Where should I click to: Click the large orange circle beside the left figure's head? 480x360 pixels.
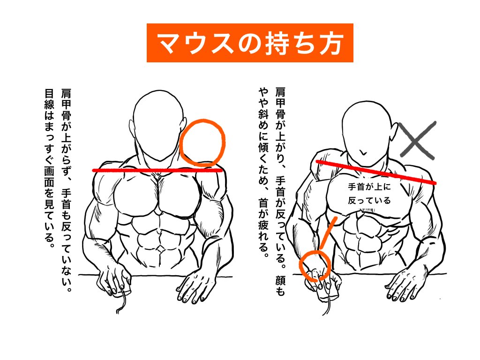(x=202, y=142)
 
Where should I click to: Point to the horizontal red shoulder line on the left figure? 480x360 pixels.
(x=157, y=171)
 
